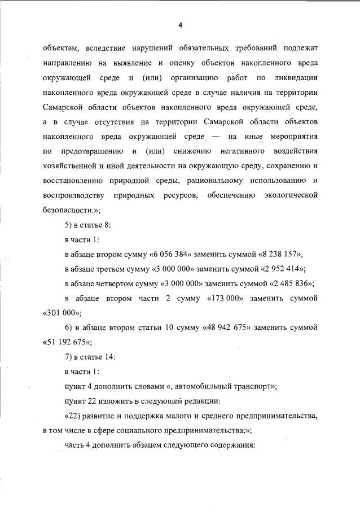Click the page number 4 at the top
tap(180, 25)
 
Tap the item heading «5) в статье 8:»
tap(87, 224)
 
